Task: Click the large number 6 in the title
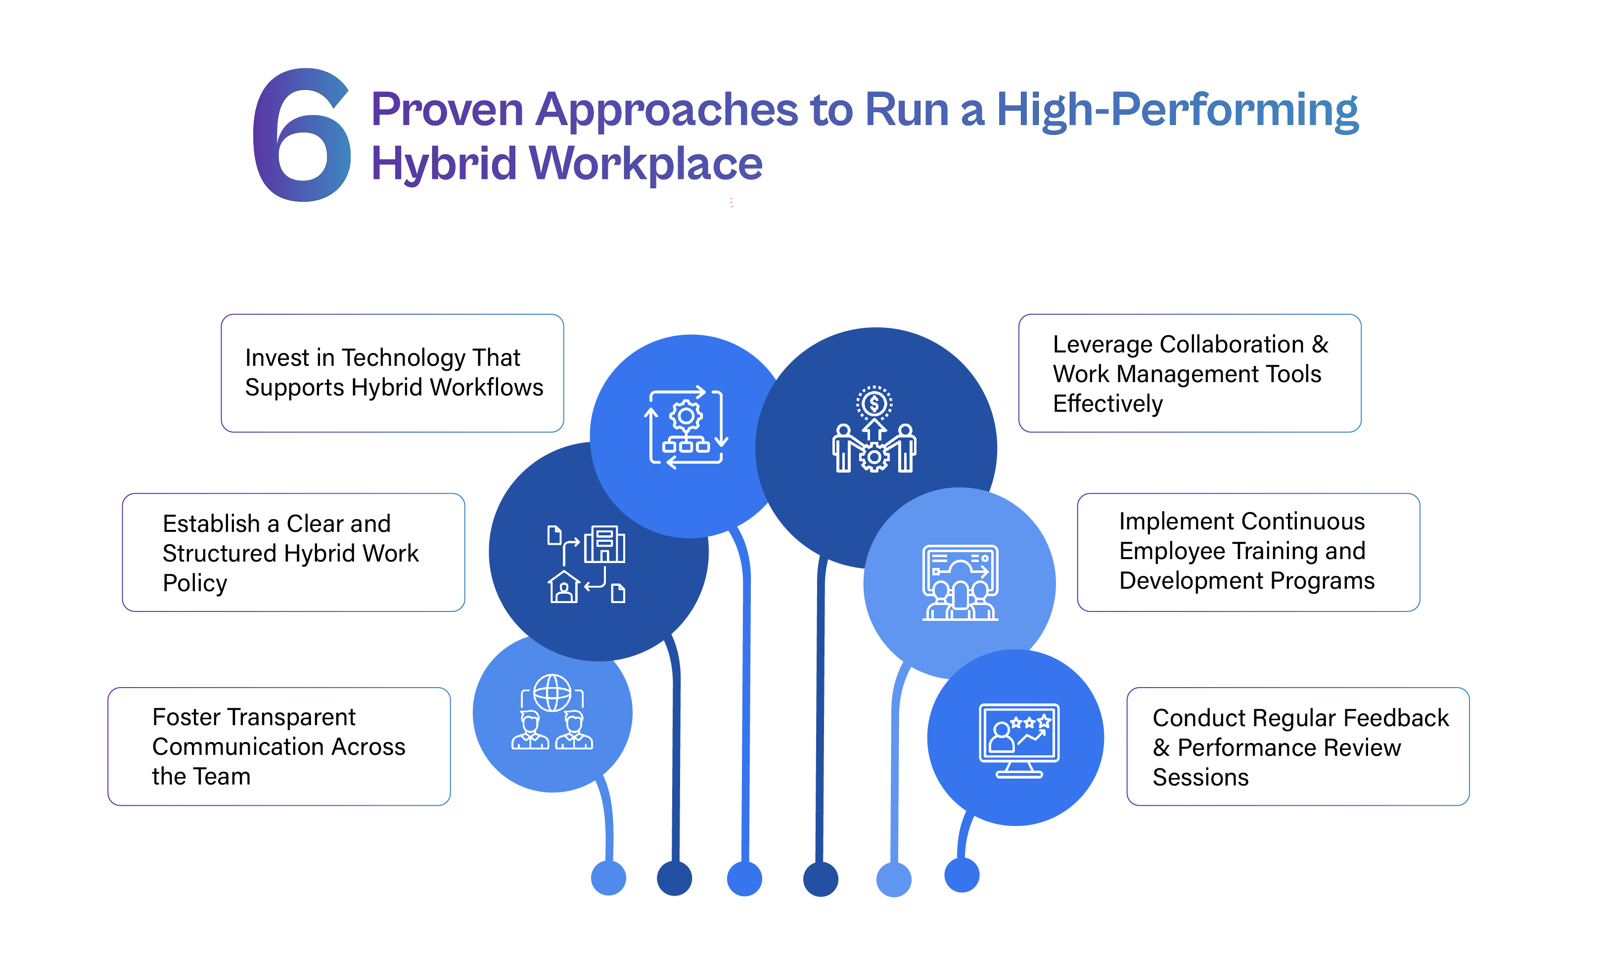pyautogui.click(x=302, y=135)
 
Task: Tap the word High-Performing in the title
pyautogui.click(x=1177, y=110)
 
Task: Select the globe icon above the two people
pyautogui.click(x=552, y=693)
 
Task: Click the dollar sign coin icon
pyautogui.click(x=874, y=404)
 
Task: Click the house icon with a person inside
pyautogui.click(x=564, y=587)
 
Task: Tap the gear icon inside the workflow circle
pyautogui.click(x=686, y=416)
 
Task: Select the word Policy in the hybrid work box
pyautogui.click(x=195, y=583)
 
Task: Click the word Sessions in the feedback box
pyautogui.click(x=1200, y=777)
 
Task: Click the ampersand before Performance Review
pyautogui.click(x=1161, y=747)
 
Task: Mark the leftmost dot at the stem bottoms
pyautogui.click(x=608, y=878)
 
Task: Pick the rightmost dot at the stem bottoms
pyautogui.click(x=962, y=875)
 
